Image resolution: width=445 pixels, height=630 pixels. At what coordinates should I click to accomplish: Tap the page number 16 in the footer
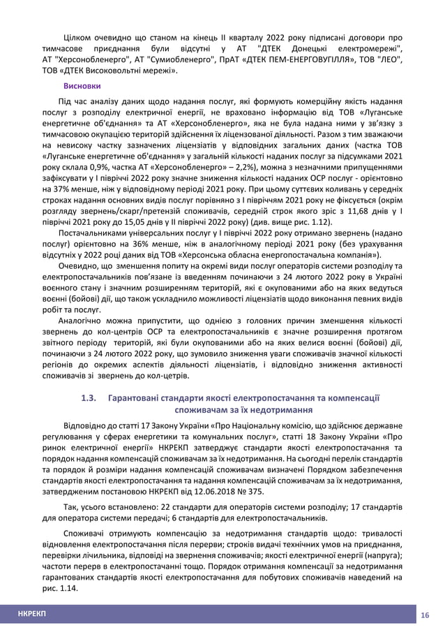click(x=424, y=613)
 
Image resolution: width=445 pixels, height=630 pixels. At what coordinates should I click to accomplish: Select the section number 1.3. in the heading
click(x=89, y=398)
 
